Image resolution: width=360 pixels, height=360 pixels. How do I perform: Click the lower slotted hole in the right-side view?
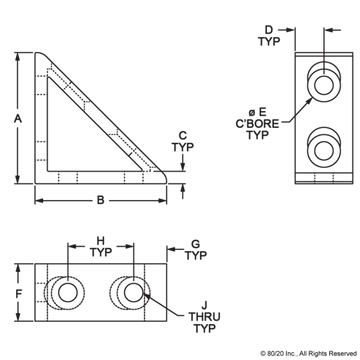322,149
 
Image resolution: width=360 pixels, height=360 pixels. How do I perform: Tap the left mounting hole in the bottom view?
66,293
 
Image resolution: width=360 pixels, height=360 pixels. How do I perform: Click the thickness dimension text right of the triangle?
181,146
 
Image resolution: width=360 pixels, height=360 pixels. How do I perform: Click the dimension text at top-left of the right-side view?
268,39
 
